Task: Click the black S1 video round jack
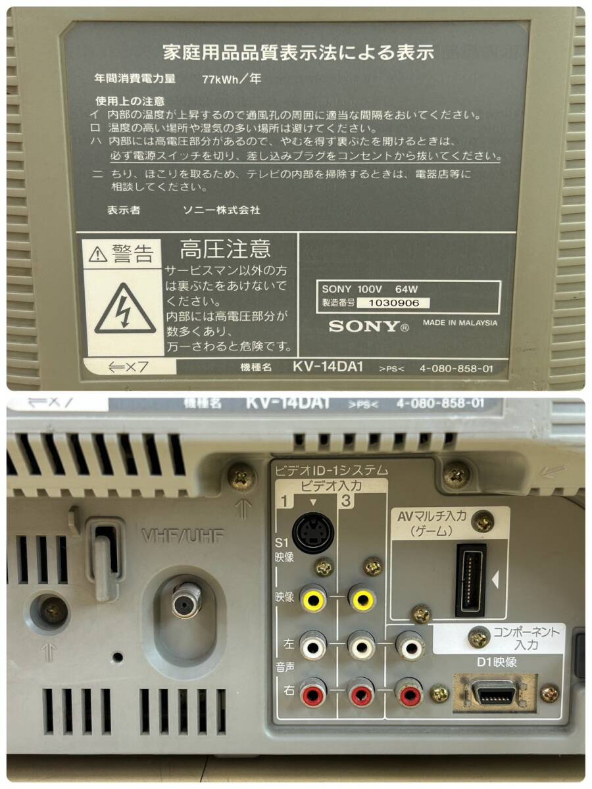[312, 532]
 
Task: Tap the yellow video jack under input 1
[314, 599]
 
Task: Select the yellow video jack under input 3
[362, 599]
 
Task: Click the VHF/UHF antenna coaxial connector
[186, 600]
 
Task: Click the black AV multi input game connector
[471, 580]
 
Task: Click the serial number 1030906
[395, 302]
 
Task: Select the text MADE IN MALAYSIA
[460, 323]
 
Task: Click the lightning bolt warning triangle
[126, 310]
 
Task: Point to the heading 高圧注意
[225, 249]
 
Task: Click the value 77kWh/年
[232, 78]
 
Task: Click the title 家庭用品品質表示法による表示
[298, 53]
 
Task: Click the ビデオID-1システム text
[330, 470]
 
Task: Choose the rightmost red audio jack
[410, 693]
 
